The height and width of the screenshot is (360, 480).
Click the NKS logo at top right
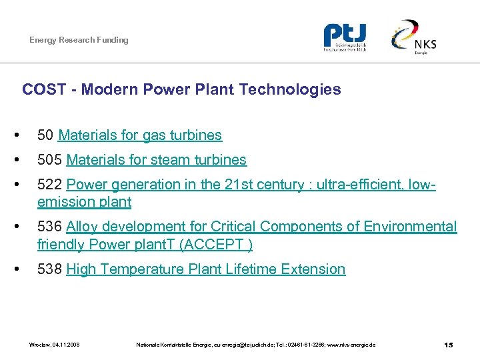(415, 36)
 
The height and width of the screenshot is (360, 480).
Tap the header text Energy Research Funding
(79, 40)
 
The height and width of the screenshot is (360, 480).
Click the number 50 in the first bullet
(45, 135)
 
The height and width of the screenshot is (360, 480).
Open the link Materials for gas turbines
(140, 135)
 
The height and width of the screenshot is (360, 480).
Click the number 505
(50, 160)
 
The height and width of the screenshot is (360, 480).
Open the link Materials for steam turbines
(157, 160)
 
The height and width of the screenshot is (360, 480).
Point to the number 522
(50, 185)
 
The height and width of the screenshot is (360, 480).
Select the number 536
(50, 227)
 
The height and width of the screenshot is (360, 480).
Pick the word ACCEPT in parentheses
(216, 245)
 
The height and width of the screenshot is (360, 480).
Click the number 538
(50, 269)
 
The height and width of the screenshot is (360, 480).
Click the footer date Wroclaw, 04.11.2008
(55, 345)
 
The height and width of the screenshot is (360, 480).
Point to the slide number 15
(449, 345)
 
